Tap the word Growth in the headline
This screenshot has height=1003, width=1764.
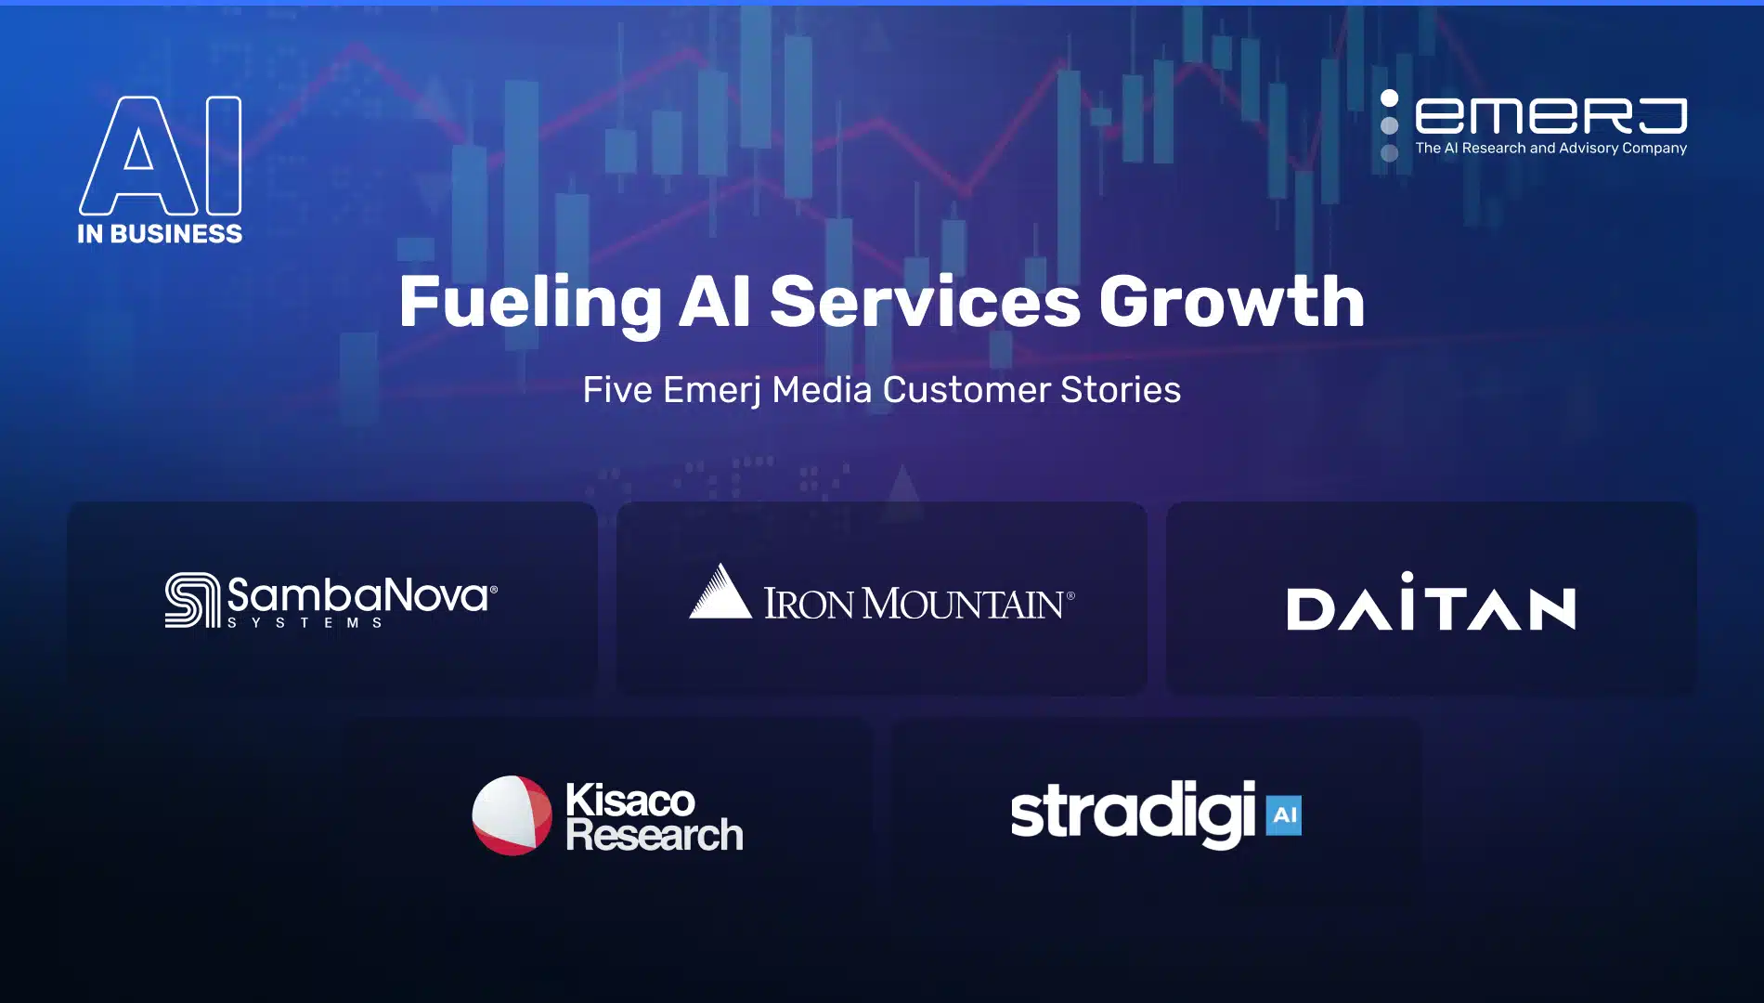tap(1232, 301)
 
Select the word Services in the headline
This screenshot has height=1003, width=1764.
tap(926, 302)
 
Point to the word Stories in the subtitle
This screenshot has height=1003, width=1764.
tap(1121, 390)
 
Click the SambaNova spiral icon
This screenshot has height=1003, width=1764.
tap(193, 600)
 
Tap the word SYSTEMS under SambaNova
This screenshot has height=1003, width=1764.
tap(305, 622)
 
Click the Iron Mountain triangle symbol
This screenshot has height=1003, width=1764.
tap(720, 591)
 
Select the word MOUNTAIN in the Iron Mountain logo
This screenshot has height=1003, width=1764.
tap(964, 604)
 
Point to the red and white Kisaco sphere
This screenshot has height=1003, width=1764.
tap(512, 815)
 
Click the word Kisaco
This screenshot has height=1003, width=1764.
tap(629, 800)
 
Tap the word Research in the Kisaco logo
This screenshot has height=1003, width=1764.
tap(655, 835)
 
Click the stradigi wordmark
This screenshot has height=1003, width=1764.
tap(1133, 814)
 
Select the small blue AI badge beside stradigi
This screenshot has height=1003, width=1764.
tap(1284, 815)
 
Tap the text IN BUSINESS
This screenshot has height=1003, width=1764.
tap(160, 233)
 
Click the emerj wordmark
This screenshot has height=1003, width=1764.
tap(1550, 116)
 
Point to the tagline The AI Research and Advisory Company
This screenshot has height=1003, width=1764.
tap(1550, 149)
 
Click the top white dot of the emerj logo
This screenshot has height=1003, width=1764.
tap(1389, 98)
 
